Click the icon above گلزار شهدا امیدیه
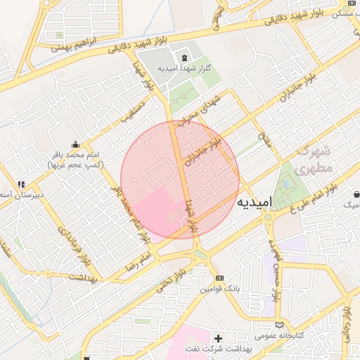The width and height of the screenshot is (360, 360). [184, 56]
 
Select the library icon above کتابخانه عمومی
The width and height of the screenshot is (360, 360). [281, 324]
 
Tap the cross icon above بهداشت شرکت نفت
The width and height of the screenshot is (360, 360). [218, 338]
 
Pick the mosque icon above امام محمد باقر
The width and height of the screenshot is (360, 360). [76, 143]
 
